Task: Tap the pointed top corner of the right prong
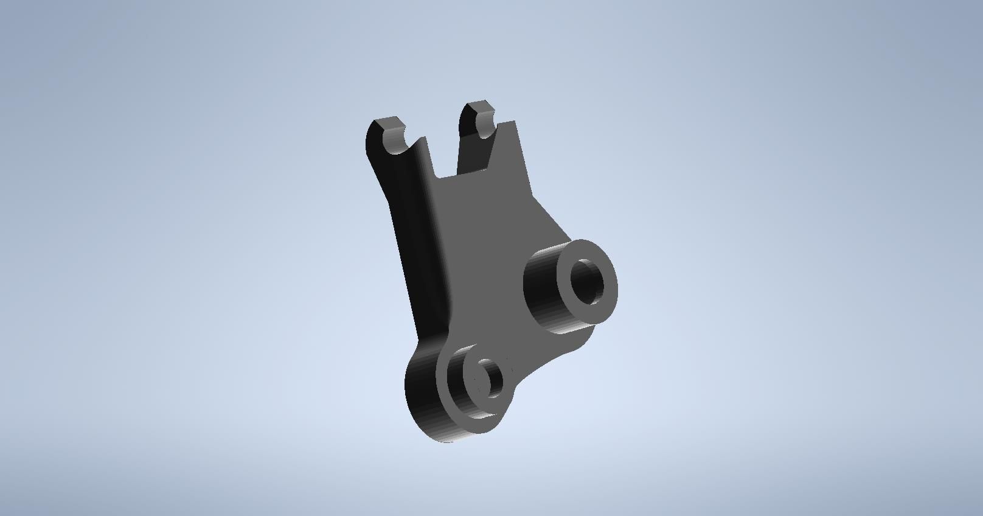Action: pyautogui.click(x=515, y=122)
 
